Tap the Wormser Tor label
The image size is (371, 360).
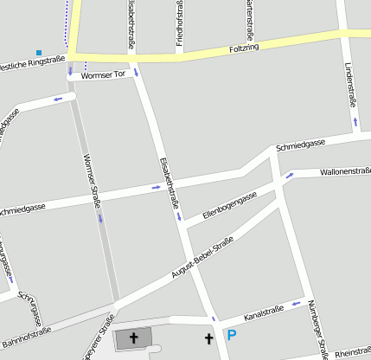(103, 75)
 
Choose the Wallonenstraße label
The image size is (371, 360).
(344, 171)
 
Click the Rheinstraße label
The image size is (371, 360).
(352, 353)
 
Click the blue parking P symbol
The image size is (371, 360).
(230, 335)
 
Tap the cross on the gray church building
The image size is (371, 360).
(133, 337)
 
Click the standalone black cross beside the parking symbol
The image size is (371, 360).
(208, 337)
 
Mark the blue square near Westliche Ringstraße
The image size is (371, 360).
(39, 53)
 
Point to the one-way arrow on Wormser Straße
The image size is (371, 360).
(100, 218)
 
